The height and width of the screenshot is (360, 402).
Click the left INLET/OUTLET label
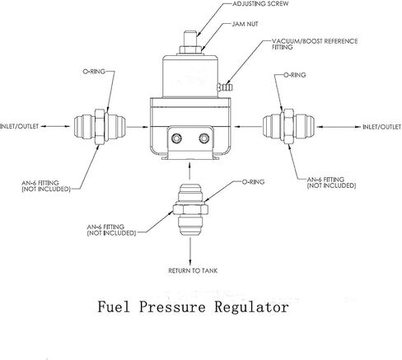(21, 126)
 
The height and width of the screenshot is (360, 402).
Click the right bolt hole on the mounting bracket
(203, 138)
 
